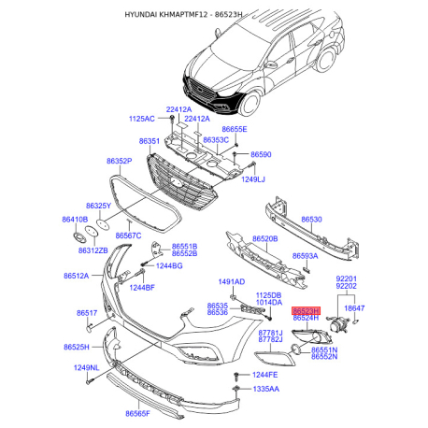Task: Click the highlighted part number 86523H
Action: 306,311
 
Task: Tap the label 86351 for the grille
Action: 150,141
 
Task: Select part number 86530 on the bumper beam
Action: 311,220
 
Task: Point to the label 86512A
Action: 77,276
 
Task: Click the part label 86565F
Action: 137,413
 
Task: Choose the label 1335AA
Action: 265,389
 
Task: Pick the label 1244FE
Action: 264,375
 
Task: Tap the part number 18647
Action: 354,308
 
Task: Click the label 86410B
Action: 75,220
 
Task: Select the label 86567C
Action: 128,235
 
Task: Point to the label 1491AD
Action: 232,281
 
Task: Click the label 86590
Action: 261,154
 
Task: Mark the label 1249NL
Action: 86,367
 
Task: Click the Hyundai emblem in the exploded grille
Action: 176,183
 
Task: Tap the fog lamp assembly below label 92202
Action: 338,326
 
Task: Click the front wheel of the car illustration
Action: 250,104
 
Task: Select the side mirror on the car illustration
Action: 270,64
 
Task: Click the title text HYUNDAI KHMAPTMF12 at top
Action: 166,14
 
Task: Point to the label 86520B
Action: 264,238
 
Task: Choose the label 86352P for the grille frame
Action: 120,161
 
